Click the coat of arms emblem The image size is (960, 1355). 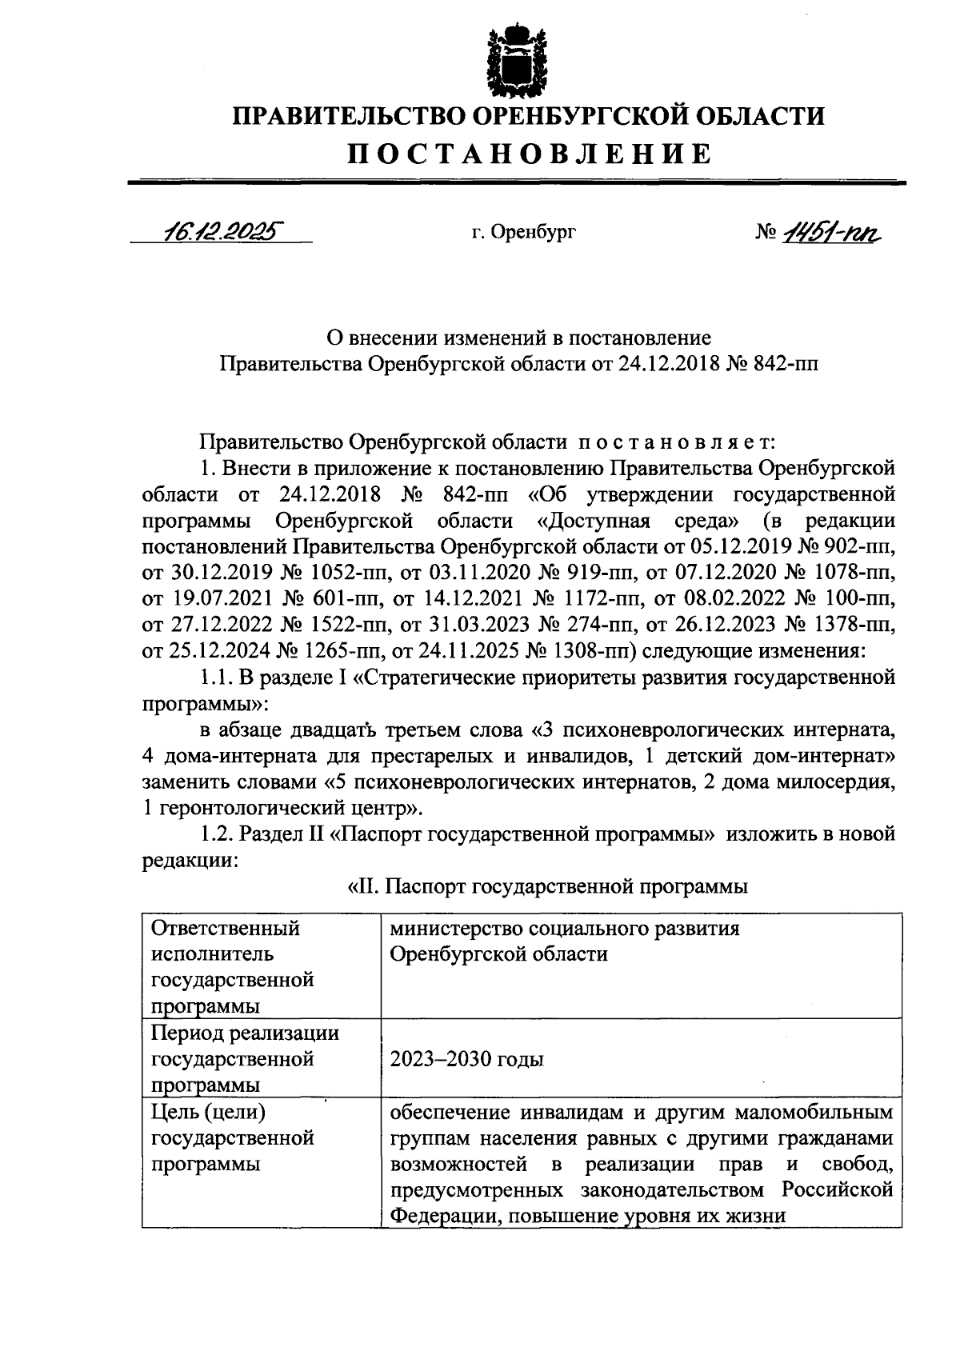tap(518, 61)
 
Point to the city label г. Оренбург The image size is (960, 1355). tap(523, 232)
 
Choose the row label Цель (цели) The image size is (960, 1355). tap(209, 1111)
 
